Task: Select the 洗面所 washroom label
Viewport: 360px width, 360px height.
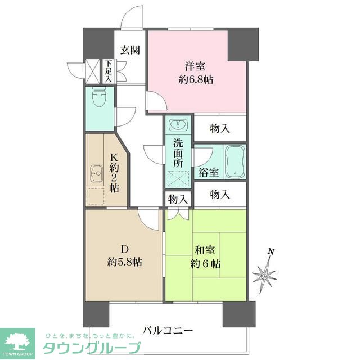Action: click(x=178, y=152)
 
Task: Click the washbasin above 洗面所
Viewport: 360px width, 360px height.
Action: click(x=178, y=124)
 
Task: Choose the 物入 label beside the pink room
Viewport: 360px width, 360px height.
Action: click(x=220, y=128)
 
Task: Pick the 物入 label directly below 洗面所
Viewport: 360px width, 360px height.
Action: click(x=178, y=199)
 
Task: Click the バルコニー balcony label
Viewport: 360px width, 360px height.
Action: click(x=168, y=330)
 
